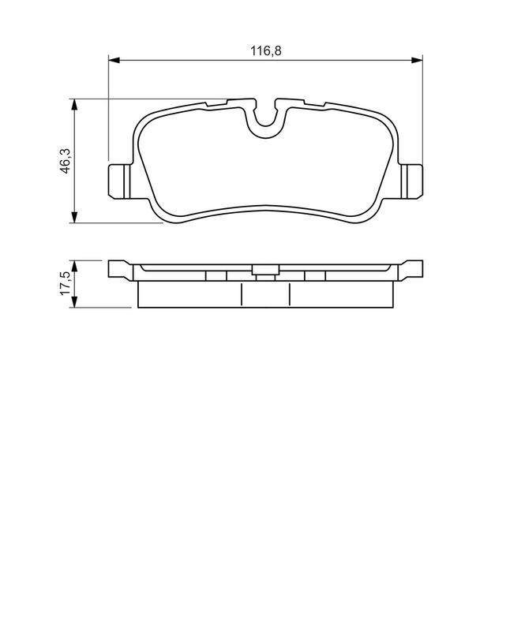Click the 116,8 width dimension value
click(267, 50)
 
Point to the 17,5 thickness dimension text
click(67, 283)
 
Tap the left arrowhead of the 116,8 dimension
click(113, 60)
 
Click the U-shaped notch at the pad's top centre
click(265, 118)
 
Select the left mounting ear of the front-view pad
click(118, 181)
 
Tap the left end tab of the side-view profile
click(118, 269)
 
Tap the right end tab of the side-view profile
click(411, 269)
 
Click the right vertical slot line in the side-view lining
click(290, 294)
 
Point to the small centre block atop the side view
click(264, 272)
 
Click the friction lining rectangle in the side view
click(189, 294)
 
